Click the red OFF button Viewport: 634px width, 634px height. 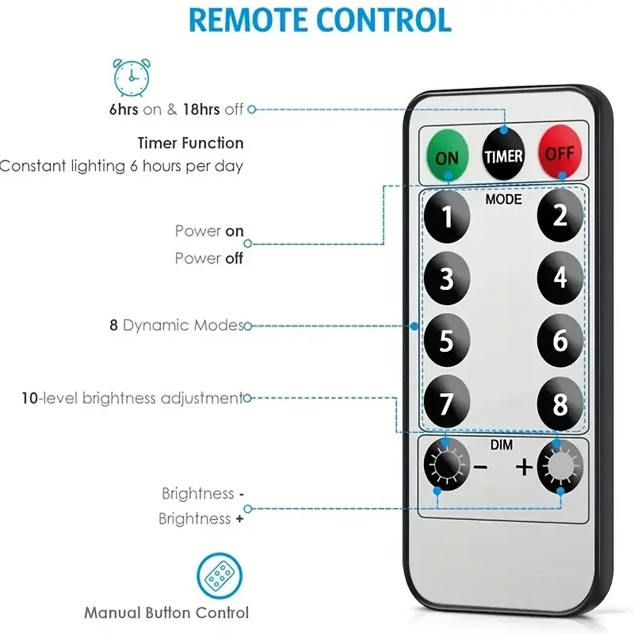tap(560, 151)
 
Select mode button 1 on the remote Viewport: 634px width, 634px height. tap(446, 216)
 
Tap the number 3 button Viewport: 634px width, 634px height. tap(446, 279)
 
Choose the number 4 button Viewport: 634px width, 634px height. tap(560, 278)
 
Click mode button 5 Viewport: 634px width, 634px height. tap(446, 341)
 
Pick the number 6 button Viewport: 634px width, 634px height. tap(560, 341)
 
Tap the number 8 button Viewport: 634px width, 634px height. tap(560, 404)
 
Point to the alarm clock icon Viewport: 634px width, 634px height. tap(129, 75)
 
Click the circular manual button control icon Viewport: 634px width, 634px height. tap(219, 575)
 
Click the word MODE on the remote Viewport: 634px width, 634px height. tap(503, 200)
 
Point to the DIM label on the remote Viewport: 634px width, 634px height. tap(501, 445)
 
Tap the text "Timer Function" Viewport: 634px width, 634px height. tap(191, 143)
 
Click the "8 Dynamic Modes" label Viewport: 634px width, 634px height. tap(176, 325)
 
